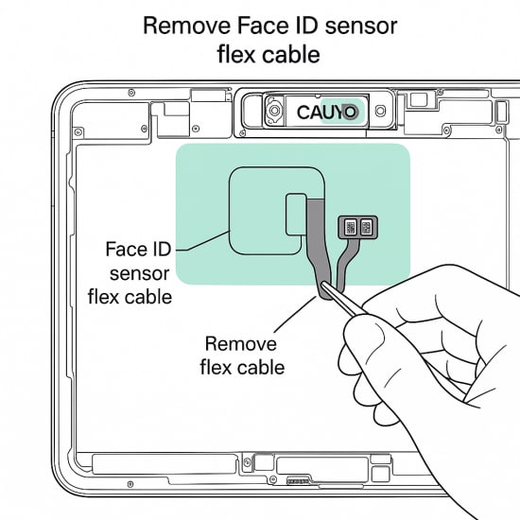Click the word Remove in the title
186,26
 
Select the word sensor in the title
361,27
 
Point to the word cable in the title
291,55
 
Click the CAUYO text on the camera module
327,113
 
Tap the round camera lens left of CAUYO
274,111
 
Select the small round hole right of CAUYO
380,111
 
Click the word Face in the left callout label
124,249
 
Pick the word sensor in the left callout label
140,274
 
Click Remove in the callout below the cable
241,343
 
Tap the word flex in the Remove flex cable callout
216,368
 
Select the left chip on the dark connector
350,227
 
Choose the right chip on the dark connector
366,227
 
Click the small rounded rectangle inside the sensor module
296,215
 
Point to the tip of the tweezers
323,284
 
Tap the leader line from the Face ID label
203,241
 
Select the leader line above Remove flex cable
295,315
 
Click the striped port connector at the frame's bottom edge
300,480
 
